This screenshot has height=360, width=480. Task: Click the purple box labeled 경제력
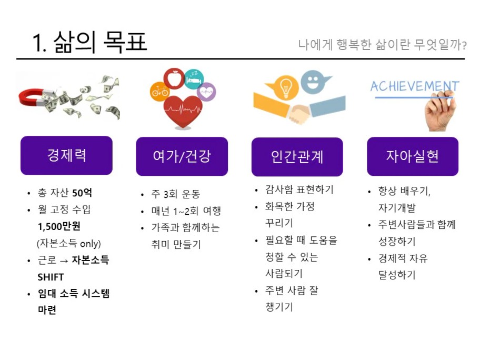pos(66,155)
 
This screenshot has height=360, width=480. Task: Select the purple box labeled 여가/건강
pos(182,156)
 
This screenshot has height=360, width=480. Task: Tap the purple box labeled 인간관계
pos(297,157)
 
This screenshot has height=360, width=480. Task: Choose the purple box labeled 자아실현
pos(413,156)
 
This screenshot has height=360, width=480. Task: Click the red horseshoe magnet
pos(34,97)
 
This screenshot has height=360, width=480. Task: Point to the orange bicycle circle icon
pos(160,91)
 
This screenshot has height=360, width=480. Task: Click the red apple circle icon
pos(174,78)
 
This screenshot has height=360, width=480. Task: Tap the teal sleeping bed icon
pos(194,79)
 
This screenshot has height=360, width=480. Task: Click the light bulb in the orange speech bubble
pos(285,87)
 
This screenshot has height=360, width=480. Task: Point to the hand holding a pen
pos(440,112)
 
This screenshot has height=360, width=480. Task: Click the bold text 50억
pos(82,193)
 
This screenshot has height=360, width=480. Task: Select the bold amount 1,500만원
pos(59,226)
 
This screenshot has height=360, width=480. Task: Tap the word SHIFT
pos(51,277)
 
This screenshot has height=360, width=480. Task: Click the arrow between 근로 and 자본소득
pos(64,261)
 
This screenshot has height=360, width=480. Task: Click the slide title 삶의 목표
pos(100,42)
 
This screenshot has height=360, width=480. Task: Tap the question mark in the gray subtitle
pos(464,46)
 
